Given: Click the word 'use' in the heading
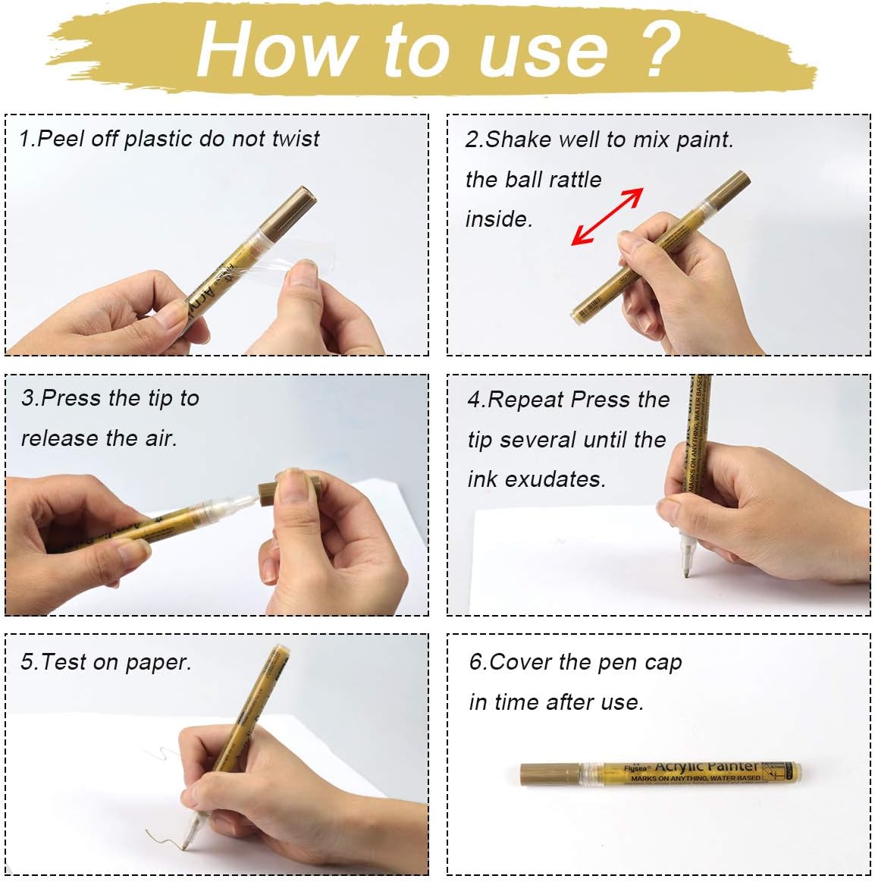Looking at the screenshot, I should pyautogui.click(x=543, y=50).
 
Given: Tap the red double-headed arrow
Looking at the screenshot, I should pyautogui.click(x=607, y=217).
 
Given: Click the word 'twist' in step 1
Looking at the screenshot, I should pyautogui.click(x=295, y=139).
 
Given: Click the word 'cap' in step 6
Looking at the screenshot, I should pyautogui.click(x=663, y=663).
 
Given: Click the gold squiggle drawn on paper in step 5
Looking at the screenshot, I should pyautogui.click(x=162, y=837).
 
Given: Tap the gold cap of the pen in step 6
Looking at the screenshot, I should pyautogui.click(x=550, y=774).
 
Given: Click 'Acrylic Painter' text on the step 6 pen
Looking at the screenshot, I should pyautogui.click(x=706, y=767).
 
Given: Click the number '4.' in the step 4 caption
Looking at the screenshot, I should pyautogui.click(x=476, y=400).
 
